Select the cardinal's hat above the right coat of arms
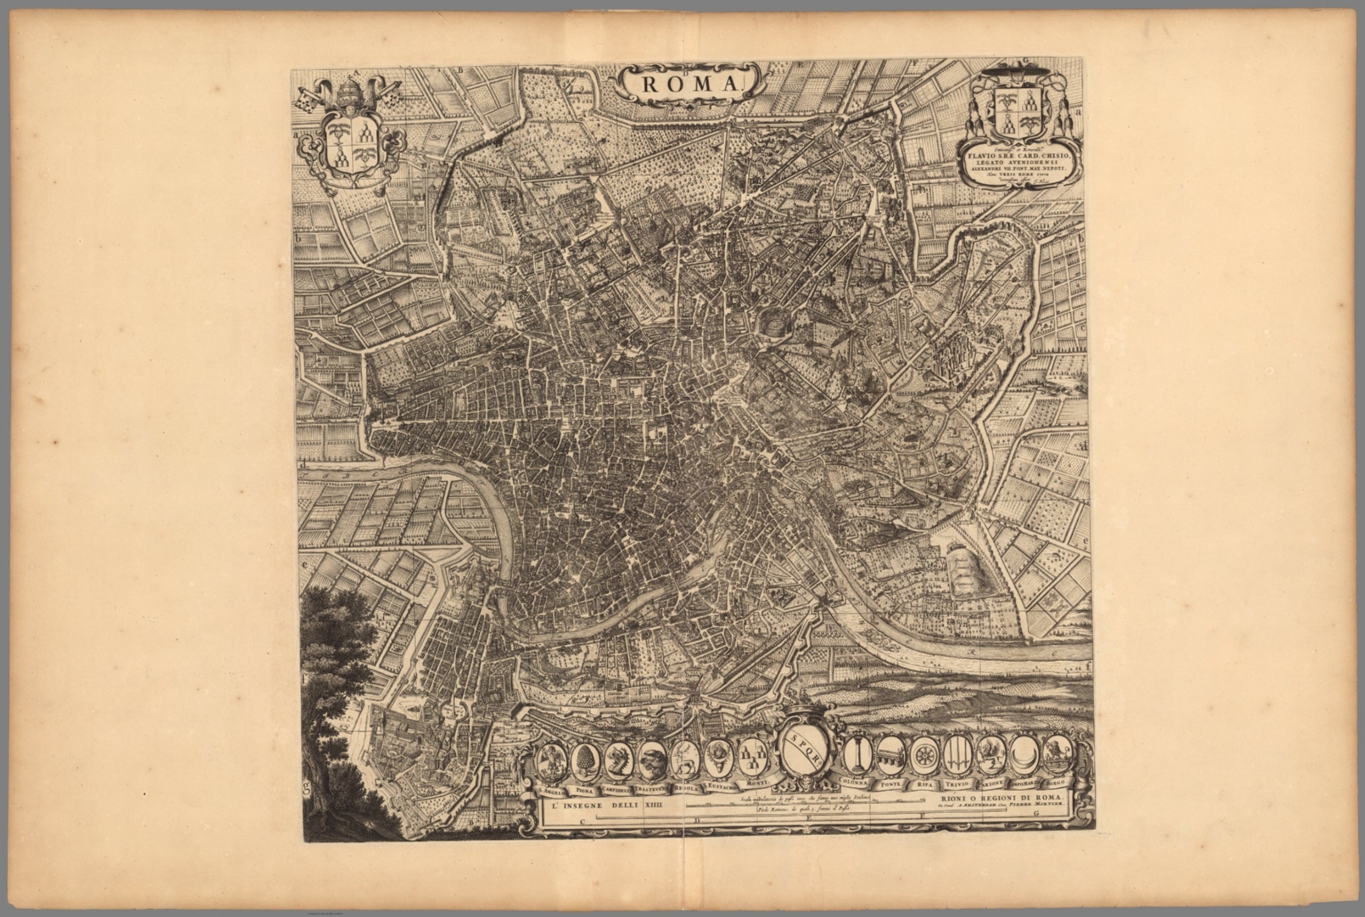click(x=1016, y=73)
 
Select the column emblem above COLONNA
click(x=858, y=756)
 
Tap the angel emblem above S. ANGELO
click(x=553, y=760)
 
